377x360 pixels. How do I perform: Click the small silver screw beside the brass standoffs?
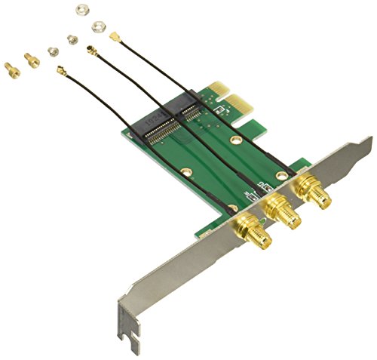tap(53, 51)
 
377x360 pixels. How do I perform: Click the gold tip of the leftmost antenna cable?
tap(58, 71)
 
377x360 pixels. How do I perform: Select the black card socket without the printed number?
tap(192, 112)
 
